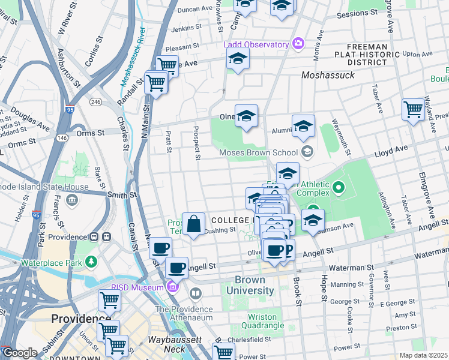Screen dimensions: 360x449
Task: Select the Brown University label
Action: click(254, 285)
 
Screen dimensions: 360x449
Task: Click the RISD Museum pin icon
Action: click(173, 287)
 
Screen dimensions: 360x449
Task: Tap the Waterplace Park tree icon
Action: click(91, 262)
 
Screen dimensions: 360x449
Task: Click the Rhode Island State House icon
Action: click(73, 199)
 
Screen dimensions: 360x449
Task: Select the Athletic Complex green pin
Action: click(339, 188)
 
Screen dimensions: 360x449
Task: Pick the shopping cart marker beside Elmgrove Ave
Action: click(413, 110)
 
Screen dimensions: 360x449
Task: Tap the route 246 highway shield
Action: click(95, 102)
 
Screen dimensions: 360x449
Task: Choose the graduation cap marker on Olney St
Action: click(246, 116)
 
